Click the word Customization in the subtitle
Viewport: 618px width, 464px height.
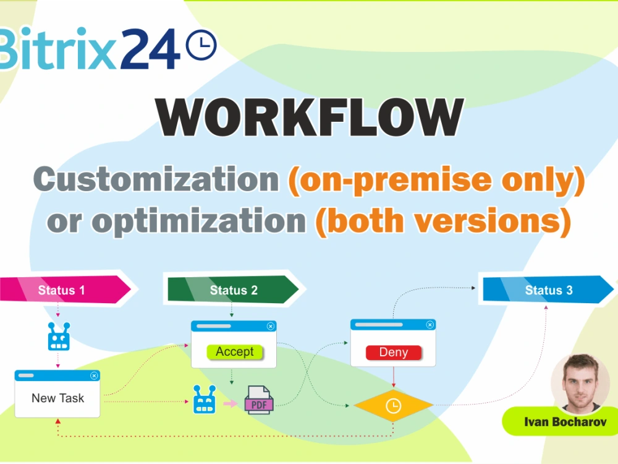[x=156, y=179]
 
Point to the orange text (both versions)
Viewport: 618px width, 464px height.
[x=442, y=220]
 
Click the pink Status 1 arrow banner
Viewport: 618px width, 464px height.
[x=65, y=290]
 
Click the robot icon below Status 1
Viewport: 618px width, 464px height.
[x=59, y=337]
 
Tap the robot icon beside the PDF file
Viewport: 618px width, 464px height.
[x=205, y=400]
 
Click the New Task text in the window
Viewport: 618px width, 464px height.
[x=57, y=398]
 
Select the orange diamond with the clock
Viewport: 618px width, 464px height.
[x=393, y=406]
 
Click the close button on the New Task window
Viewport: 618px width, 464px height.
[x=94, y=376]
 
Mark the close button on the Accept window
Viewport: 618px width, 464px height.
[x=270, y=326]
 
